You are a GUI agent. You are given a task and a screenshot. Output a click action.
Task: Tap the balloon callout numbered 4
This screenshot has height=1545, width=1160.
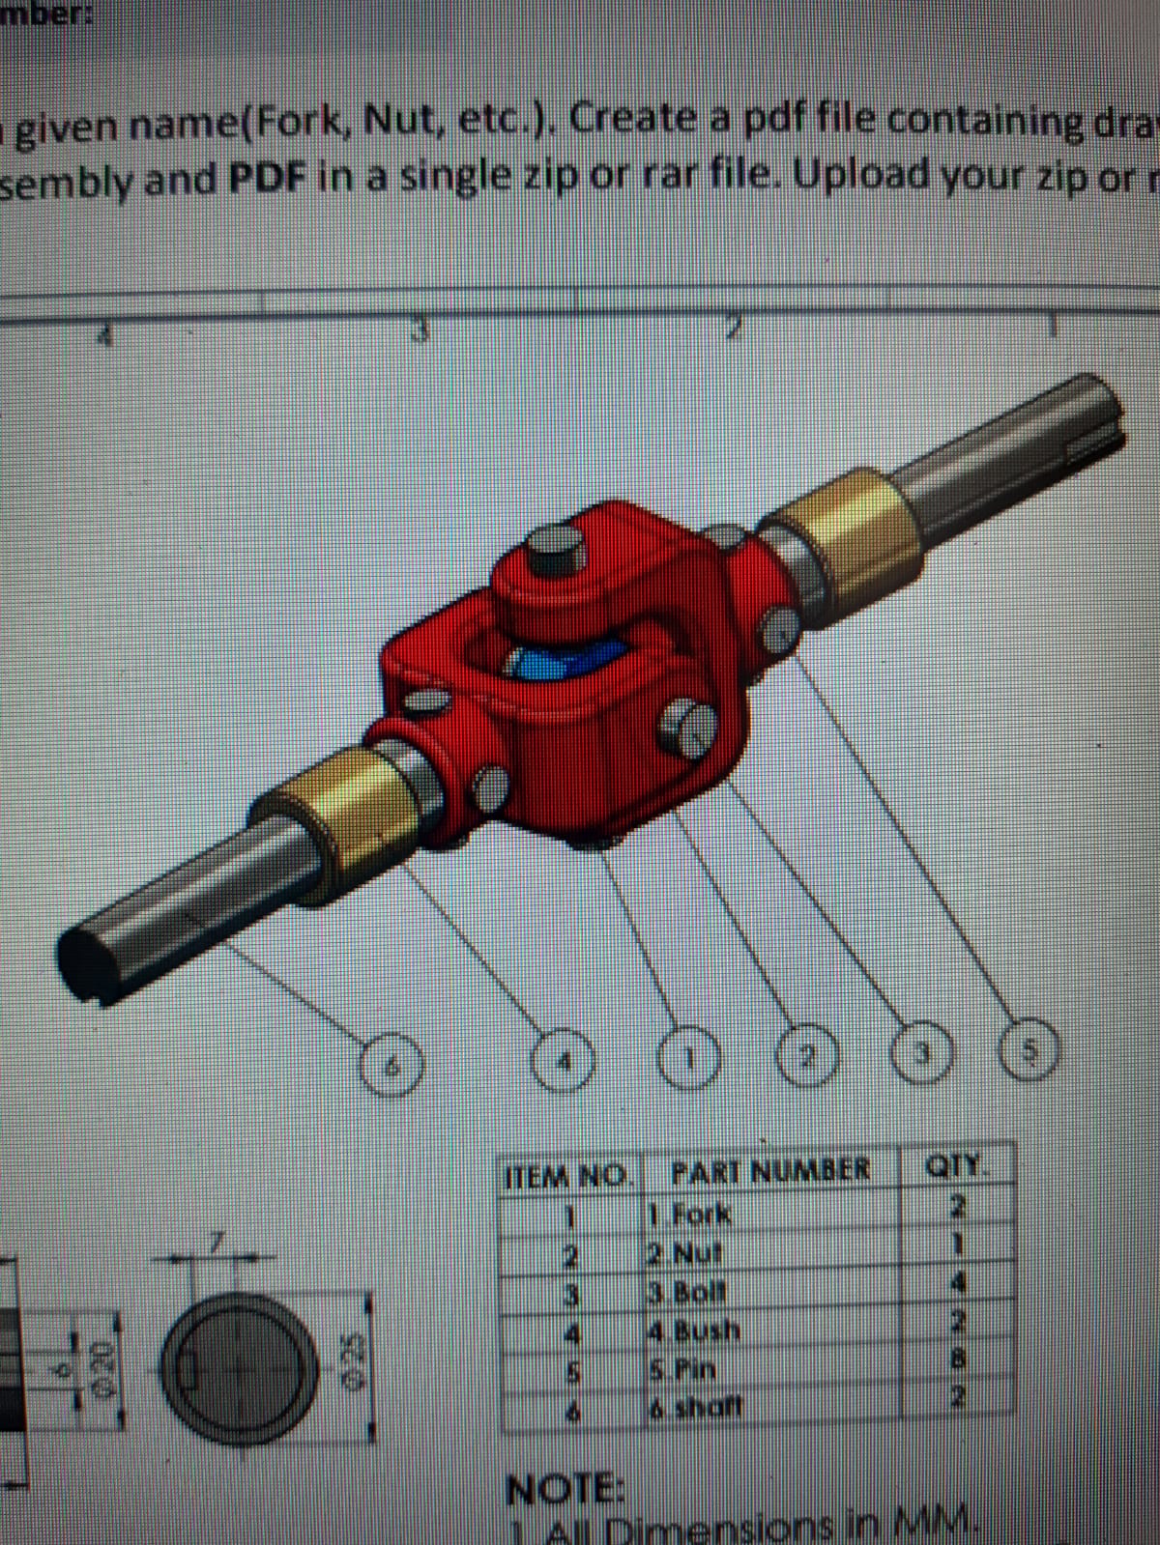567,1063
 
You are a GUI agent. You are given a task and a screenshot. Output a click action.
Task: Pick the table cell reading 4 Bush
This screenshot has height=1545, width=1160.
696,1332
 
